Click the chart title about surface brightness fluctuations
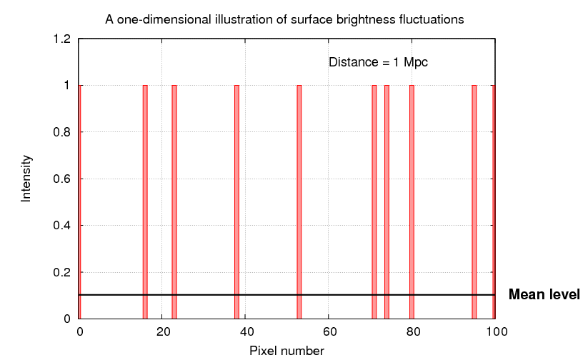click(284, 19)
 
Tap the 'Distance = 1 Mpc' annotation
click(377, 62)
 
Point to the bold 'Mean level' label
click(544, 294)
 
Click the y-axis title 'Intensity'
click(26, 178)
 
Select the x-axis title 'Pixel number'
click(286, 351)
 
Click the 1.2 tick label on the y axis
click(61, 39)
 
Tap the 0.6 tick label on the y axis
click(61, 179)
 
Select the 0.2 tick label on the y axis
click(61, 272)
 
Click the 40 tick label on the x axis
click(245, 331)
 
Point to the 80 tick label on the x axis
click(412, 331)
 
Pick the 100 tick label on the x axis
click(495, 331)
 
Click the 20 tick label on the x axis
click(162, 331)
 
